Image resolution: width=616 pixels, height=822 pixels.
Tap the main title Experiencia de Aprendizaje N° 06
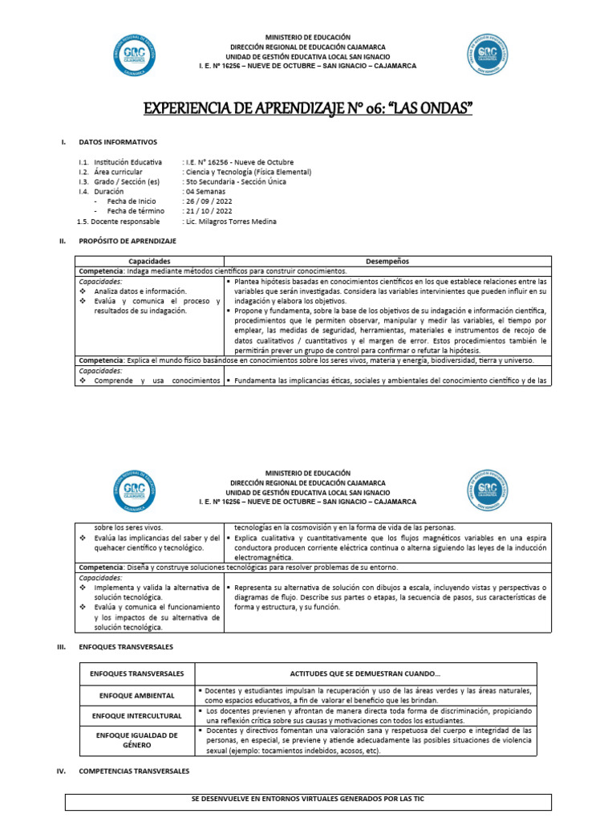point(307,108)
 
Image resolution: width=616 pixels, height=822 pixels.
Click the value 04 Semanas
point(205,191)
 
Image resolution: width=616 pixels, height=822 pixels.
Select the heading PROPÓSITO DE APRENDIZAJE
point(128,240)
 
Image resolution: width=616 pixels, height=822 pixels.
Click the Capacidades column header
point(149,261)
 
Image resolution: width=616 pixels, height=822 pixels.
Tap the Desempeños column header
point(387,261)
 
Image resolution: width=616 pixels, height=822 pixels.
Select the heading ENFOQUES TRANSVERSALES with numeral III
point(126,645)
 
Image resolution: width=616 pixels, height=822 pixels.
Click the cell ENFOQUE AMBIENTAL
point(137,694)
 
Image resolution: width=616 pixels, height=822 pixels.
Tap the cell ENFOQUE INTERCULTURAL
point(137,714)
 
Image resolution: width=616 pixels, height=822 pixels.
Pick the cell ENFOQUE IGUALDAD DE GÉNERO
point(137,740)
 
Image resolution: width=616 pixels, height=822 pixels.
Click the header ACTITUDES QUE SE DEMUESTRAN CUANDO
point(365,673)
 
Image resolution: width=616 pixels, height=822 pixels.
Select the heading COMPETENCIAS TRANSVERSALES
point(135,771)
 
